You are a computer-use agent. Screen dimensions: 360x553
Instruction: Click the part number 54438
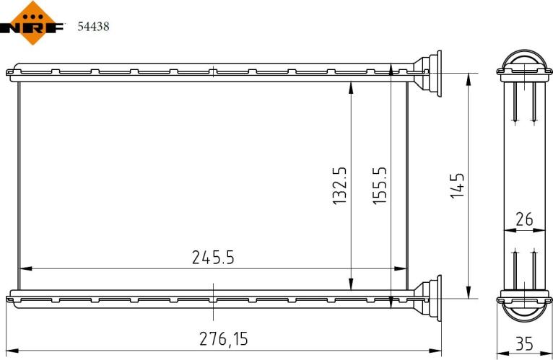click(92, 27)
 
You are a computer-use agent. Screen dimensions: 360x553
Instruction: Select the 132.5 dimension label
click(340, 185)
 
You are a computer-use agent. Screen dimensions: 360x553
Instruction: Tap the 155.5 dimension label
click(380, 185)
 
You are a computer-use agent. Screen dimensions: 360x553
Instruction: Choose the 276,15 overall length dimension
click(227, 338)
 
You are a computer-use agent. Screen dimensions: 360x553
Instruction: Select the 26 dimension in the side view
click(524, 219)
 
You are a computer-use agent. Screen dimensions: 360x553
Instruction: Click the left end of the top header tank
click(10, 71)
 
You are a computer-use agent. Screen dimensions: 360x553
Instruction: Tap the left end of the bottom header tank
click(10, 296)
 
